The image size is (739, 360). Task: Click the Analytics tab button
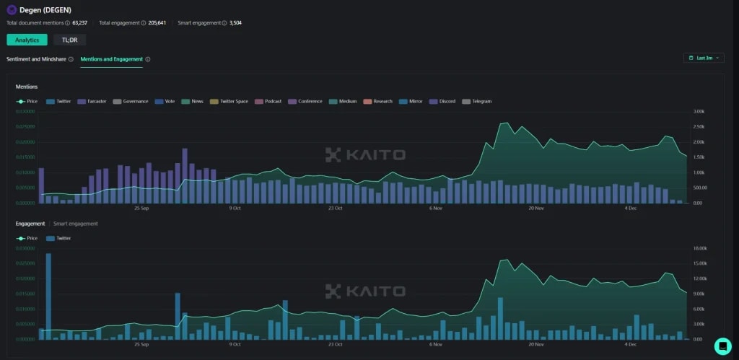pyautogui.click(x=27, y=40)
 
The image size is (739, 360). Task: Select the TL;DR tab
pyautogui.click(x=69, y=40)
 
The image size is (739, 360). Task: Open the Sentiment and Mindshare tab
pyautogui.click(x=36, y=58)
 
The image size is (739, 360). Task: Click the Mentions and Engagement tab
pyautogui.click(x=111, y=58)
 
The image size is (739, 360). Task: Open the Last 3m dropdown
pyautogui.click(x=704, y=58)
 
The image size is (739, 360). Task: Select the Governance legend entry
pyautogui.click(x=135, y=101)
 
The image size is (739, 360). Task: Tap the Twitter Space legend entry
pyautogui.click(x=233, y=101)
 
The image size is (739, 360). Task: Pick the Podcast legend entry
pyautogui.click(x=273, y=101)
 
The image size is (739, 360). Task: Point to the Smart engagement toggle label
pyautogui.click(x=76, y=224)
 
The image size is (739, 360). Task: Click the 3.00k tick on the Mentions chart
pyautogui.click(x=699, y=111)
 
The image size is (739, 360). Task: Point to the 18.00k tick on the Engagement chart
pyautogui.click(x=699, y=248)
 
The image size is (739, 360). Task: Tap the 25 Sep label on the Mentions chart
pyautogui.click(x=141, y=208)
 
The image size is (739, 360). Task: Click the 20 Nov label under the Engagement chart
pyautogui.click(x=535, y=344)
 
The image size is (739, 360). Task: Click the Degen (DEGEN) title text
pyautogui.click(x=45, y=10)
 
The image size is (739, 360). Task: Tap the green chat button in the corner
pyautogui.click(x=722, y=346)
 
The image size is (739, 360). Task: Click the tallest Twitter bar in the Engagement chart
pyautogui.click(x=48, y=296)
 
